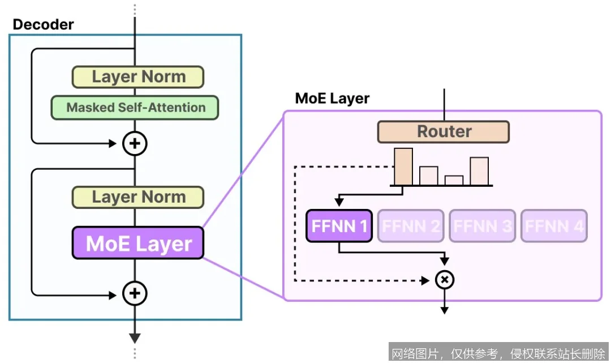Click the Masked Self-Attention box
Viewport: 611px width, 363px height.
135,108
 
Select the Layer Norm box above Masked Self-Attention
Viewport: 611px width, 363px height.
138,77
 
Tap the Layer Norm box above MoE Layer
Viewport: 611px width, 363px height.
138,197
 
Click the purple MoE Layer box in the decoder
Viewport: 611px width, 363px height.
138,244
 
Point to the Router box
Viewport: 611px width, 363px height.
444,131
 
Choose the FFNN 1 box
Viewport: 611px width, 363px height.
339,227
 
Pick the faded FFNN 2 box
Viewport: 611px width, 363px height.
411,227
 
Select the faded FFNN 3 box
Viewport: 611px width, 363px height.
483,227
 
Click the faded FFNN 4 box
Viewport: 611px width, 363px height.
554,227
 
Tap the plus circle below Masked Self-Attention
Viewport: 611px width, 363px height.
135,144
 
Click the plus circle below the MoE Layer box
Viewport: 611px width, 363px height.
135,293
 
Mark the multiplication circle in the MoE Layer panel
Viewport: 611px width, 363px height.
445,280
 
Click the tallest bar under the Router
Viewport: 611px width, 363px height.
403,166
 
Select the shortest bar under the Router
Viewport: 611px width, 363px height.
454,180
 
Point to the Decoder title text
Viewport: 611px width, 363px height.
43,24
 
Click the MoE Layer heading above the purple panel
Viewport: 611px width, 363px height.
332,99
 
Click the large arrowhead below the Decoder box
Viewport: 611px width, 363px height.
135,338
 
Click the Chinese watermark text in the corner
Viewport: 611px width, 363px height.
498,353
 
